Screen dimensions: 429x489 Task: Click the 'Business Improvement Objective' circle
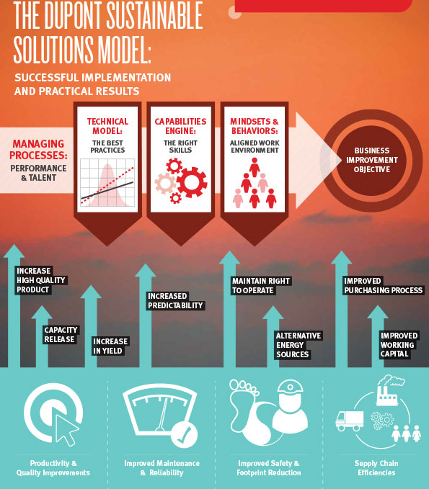371,161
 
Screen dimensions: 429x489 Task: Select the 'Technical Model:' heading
107,126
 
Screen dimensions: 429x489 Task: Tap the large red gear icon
192,182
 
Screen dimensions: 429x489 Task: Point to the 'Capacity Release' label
61,335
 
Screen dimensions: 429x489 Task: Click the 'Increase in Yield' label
110,346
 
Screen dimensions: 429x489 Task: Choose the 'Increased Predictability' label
175,300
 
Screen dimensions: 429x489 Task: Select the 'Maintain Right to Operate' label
261,286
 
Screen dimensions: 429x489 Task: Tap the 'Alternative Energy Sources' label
298,345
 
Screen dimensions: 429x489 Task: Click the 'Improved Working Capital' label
399,345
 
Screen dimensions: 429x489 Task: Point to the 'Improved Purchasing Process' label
383,285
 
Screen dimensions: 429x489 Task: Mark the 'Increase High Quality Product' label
41,280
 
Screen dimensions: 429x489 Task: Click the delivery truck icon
350,421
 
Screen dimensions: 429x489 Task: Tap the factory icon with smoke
389,390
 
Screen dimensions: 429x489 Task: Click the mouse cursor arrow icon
66,430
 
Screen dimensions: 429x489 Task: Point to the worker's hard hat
290,387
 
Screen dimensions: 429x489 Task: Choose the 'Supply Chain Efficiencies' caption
376,468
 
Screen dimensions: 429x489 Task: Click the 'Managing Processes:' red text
38,149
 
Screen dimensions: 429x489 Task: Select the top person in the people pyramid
255,167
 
